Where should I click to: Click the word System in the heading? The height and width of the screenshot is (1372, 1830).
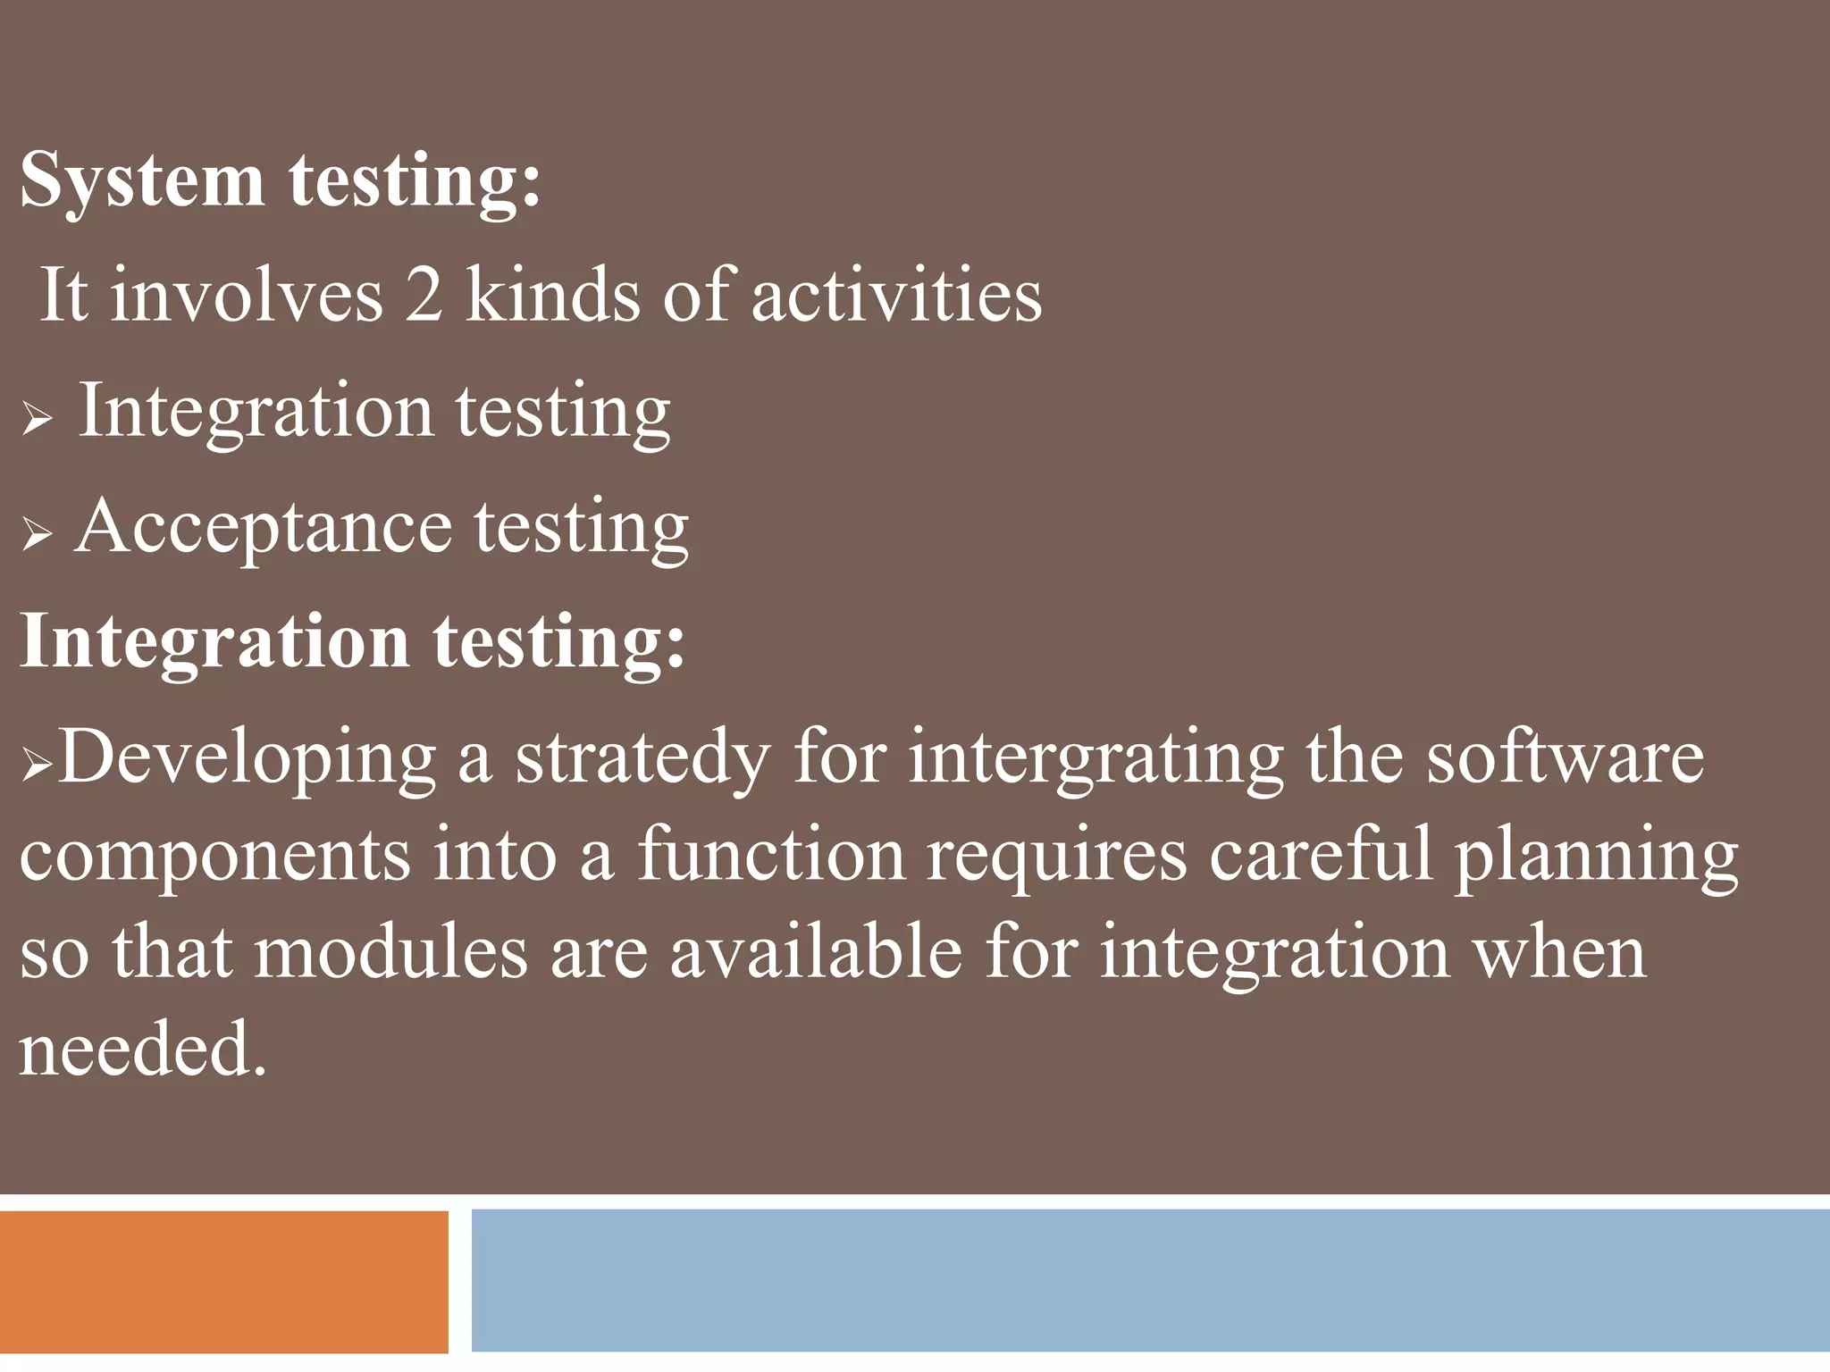point(141,181)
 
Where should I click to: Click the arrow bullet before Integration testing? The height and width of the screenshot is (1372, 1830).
point(38,418)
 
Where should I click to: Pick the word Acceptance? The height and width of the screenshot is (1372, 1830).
point(264,527)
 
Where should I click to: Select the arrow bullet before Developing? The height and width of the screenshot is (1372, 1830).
point(38,765)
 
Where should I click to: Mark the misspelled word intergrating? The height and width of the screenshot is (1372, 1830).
point(1095,757)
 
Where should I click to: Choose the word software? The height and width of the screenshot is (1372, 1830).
point(1565,757)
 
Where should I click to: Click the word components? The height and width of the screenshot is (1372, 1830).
point(214,856)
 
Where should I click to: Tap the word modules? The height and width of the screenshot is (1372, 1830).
point(390,952)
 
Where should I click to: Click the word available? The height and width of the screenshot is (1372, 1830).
point(816,952)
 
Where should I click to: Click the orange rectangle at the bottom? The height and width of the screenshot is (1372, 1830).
point(223,1281)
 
